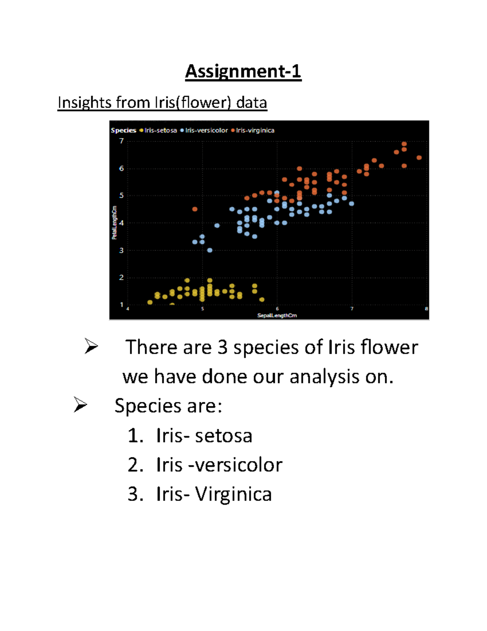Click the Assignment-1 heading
[x=243, y=72]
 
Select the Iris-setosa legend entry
[x=160, y=130]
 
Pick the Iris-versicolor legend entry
[x=206, y=130]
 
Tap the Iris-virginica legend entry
[x=255, y=130]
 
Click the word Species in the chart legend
[x=123, y=130]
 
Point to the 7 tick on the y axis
[x=121, y=141]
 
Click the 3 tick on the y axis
[x=121, y=251]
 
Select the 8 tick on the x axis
[x=426, y=309]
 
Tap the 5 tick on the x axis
[x=203, y=309]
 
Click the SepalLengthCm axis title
[x=277, y=316]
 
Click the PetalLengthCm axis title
[x=114, y=223]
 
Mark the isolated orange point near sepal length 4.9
[x=195, y=209]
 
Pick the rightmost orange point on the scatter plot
[x=419, y=158]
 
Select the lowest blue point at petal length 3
[x=210, y=250]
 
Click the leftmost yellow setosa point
[x=150, y=302]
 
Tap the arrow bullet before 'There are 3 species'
[x=91, y=346]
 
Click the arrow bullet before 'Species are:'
[x=80, y=405]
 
